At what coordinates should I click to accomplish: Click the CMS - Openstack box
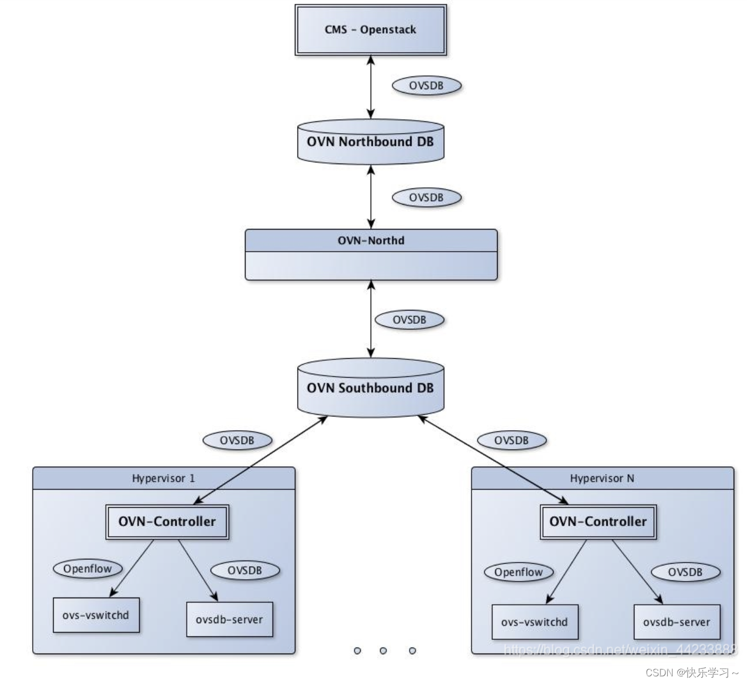click(x=370, y=30)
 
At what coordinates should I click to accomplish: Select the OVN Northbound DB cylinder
click(x=370, y=142)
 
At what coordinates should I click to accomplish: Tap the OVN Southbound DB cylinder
click(x=370, y=388)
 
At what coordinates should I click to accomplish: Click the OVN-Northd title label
click(x=371, y=241)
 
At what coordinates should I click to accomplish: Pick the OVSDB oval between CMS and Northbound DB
click(x=426, y=86)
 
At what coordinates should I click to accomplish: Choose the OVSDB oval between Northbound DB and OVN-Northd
click(x=426, y=197)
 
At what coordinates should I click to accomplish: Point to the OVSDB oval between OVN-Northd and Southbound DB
click(x=410, y=320)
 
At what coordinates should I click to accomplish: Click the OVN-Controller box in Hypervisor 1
click(x=167, y=522)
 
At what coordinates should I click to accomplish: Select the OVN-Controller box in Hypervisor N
click(x=598, y=522)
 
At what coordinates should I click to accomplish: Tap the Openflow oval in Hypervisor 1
click(x=88, y=569)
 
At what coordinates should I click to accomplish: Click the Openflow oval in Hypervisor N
click(x=519, y=572)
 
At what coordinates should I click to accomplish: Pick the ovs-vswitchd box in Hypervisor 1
click(x=96, y=615)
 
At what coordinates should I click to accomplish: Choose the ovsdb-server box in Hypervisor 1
click(x=229, y=620)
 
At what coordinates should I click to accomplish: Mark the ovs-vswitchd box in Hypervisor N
click(x=535, y=623)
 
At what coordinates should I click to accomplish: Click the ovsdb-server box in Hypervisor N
click(x=677, y=623)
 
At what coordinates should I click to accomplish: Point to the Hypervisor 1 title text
click(x=163, y=478)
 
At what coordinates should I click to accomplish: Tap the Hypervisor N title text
click(x=602, y=478)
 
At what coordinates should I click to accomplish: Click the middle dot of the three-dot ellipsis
click(x=383, y=651)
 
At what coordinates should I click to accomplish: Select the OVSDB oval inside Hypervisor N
click(x=685, y=572)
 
